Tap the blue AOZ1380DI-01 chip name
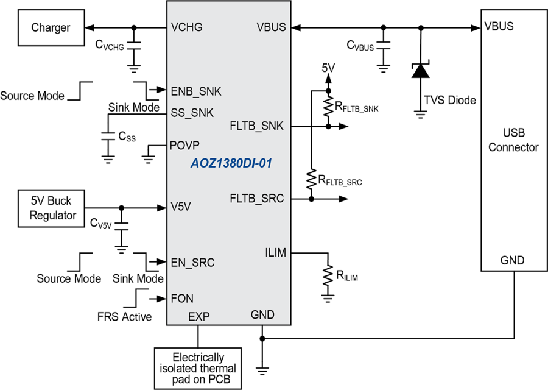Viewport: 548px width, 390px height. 231,163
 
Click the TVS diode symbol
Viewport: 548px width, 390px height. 420,70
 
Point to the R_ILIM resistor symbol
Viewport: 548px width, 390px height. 328,275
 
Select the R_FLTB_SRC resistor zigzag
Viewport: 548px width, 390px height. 311,179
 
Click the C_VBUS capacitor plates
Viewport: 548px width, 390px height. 384,45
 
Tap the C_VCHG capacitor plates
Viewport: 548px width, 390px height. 133,46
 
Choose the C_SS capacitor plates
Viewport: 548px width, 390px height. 108,136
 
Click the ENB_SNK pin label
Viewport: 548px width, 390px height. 195,91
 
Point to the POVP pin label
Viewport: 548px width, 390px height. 184,145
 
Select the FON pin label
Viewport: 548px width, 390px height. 182,299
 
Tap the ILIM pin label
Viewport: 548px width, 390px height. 276,252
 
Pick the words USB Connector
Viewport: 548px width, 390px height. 513,140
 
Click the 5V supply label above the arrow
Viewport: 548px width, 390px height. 328,68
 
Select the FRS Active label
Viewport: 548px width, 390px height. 124,317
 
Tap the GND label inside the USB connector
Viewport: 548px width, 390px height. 512,260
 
